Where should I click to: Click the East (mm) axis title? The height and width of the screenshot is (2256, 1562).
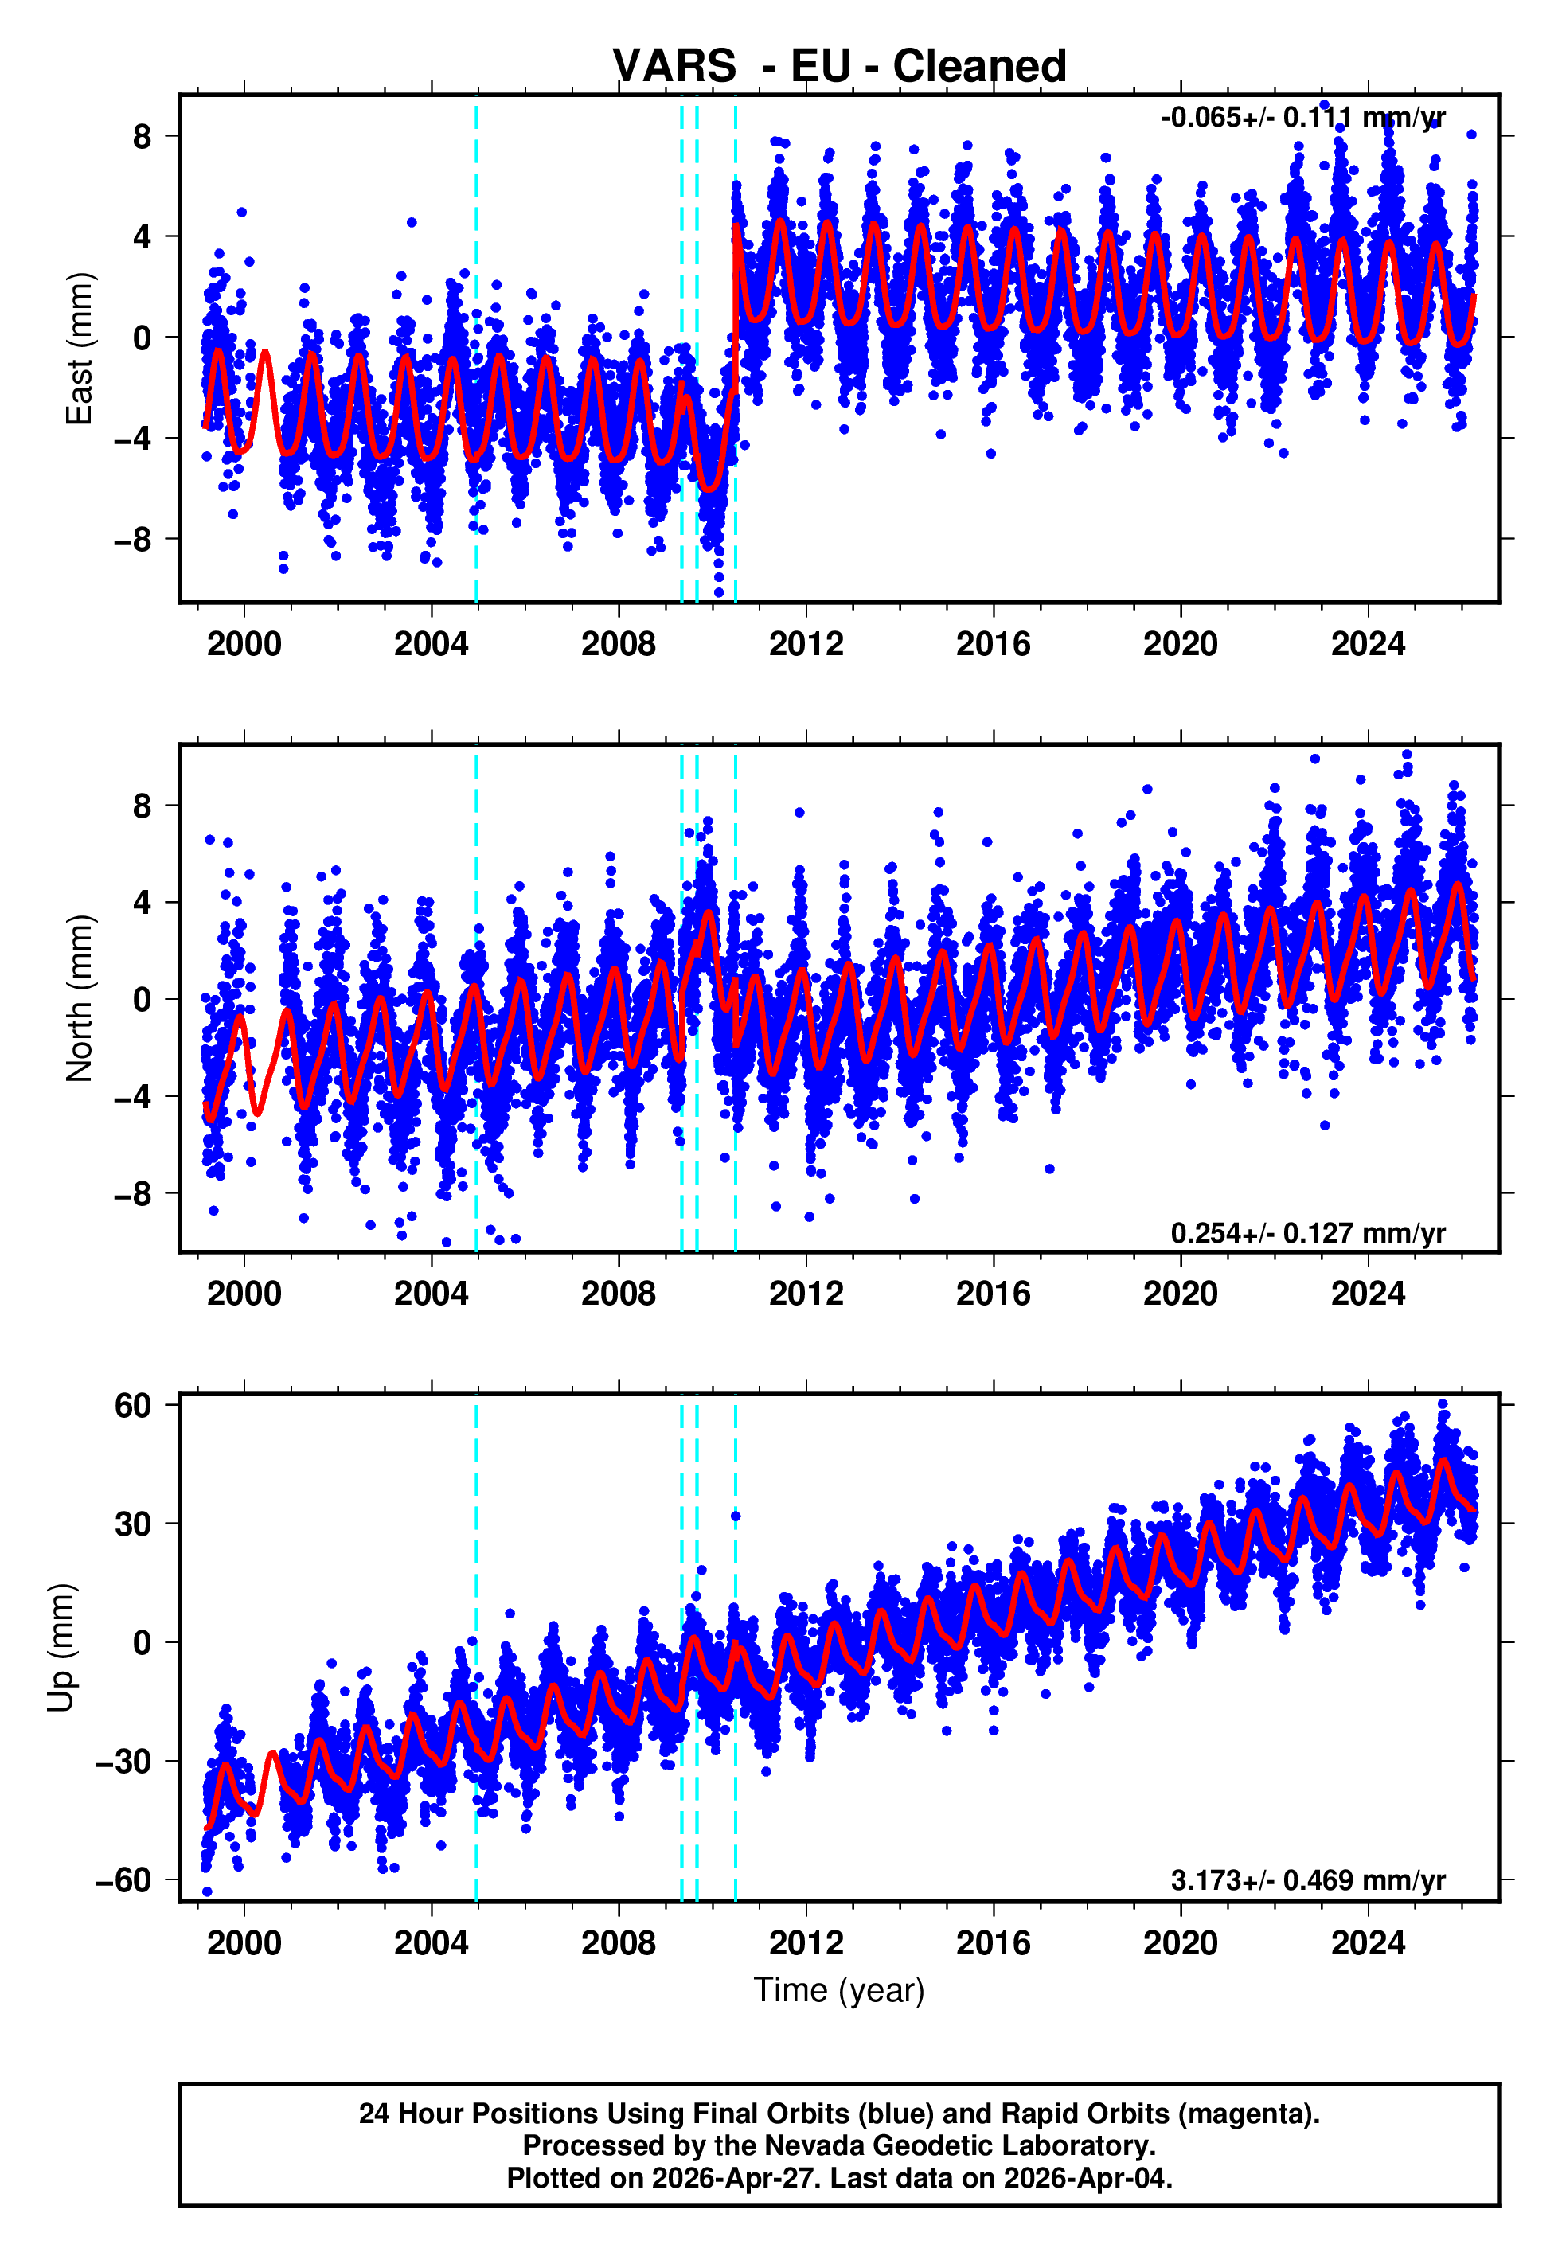(78, 349)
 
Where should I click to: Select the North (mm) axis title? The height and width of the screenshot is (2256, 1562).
(78, 998)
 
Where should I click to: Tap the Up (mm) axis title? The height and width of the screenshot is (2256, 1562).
(61, 1648)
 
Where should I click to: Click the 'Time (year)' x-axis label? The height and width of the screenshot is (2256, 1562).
(839, 1990)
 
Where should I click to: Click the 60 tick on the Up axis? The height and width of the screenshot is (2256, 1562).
(133, 1406)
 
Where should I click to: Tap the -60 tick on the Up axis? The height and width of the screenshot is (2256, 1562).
(124, 1879)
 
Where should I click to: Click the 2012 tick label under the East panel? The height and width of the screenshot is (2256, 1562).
(806, 644)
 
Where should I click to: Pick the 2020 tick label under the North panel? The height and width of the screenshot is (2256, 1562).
(1181, 1294)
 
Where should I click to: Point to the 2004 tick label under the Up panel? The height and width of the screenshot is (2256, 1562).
(431, 1943)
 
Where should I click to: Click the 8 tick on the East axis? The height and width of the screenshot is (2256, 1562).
(143, 136)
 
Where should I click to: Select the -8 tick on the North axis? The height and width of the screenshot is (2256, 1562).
(133, 1193)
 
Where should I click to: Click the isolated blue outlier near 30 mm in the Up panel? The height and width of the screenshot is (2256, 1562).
(735, 1516)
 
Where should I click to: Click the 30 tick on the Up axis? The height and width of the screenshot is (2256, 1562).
(133, 1524)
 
